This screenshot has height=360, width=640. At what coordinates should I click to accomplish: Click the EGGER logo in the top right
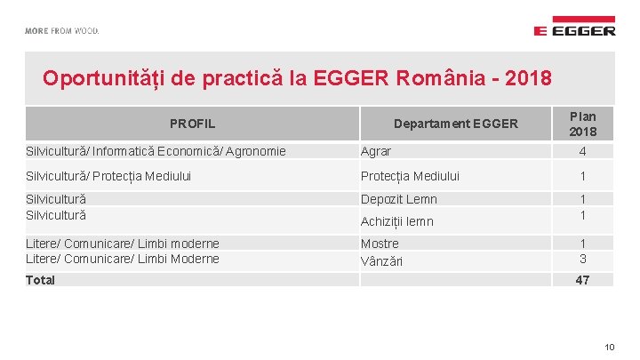574,27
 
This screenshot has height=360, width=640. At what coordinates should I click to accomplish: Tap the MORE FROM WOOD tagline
61,30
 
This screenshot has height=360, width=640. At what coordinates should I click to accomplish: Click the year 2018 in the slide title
528,77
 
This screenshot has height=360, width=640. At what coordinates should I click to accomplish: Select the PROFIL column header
192,124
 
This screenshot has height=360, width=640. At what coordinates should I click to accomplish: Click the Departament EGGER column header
455,124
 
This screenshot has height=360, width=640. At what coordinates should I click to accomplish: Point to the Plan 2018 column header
583,124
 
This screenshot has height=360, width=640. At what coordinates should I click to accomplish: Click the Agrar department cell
375,151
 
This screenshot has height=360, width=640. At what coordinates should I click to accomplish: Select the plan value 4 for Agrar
583,151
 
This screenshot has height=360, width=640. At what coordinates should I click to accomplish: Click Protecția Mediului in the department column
410,176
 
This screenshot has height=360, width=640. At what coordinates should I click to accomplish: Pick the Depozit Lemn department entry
398,199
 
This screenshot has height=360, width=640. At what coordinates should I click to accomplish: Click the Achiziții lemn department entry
396,221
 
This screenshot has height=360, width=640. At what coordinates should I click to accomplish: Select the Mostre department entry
380,244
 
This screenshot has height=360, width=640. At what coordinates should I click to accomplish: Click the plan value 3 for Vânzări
583,260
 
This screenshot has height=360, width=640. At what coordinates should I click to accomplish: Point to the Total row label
40,280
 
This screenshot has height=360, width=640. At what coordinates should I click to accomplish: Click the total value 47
583,280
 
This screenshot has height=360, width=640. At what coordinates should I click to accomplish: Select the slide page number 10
609,347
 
